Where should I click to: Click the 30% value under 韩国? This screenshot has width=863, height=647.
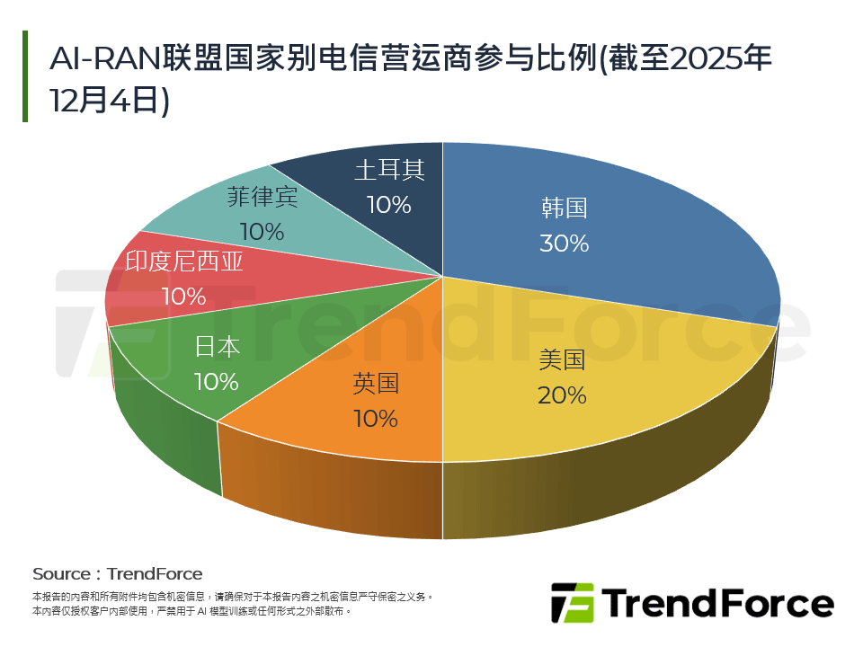tap(564, 243)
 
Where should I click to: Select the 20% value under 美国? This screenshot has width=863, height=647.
tap(562, 394)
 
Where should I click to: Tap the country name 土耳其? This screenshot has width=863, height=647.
tap(388, 170)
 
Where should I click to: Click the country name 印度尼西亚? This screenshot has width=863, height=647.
tap(183, 261)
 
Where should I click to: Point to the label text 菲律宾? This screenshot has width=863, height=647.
tap(262, 196)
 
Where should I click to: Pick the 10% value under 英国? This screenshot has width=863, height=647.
tap(375, 418)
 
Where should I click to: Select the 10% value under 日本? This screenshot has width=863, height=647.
tap(217, 381)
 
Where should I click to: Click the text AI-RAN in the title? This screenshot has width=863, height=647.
tap(104, 59)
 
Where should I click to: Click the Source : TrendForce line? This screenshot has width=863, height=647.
tap(117, 573)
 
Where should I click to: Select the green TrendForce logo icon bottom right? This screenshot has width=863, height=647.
tap(573, 603)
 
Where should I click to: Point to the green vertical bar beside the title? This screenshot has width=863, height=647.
tap(25, 76)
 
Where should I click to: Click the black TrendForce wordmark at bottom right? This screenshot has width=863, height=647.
tap(717, 603)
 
